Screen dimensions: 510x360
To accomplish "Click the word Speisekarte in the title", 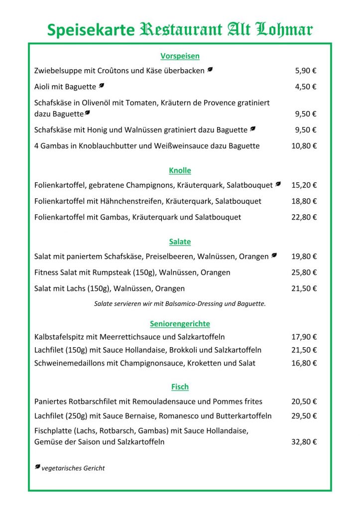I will click(91, 30).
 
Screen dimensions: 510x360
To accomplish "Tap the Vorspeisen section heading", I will click(180, 56).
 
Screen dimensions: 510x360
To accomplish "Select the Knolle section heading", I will click(180, 170).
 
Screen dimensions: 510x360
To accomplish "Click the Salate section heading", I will click(180, 242).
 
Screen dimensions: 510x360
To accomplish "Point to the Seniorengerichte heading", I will click(180, 324).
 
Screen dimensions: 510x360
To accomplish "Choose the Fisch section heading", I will click(180, 386).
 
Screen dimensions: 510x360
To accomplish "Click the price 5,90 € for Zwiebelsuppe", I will click(306, 71).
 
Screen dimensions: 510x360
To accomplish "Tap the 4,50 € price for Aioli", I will click(306, 87).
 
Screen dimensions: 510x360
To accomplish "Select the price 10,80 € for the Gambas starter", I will click(304, 146).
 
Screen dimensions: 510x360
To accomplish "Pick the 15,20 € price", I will click(304, 185).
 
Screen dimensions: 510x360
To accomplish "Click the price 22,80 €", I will click(304, 217).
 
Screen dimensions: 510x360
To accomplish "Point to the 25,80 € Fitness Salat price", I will click(304, 272).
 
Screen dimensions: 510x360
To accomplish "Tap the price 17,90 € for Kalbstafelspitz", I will click(304, 337).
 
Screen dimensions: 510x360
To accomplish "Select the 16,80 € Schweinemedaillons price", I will click(304, 363).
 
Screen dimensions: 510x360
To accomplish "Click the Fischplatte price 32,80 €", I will click(304, 442).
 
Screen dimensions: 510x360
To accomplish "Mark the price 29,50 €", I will click(304, 416).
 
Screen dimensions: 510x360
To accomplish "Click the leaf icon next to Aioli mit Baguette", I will click(101, 86).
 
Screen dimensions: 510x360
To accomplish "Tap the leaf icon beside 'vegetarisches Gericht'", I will click(37, 467).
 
